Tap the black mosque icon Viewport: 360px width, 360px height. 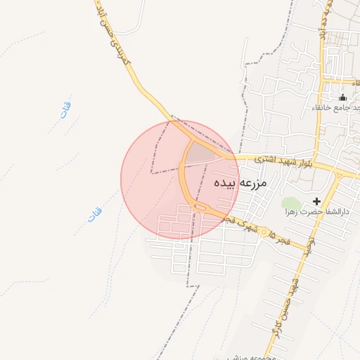[x=342, y=97]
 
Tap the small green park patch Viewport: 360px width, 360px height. [x=291, y=204]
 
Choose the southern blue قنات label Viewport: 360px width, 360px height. [x=95, y=215]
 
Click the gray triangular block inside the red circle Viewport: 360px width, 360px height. [x=202, y=152]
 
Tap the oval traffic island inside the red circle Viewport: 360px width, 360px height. [x=198, y=205]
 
